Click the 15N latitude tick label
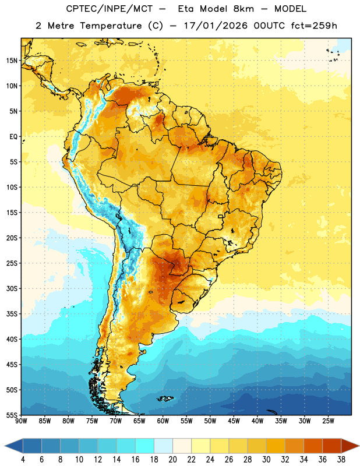[12, 61]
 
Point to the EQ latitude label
[13, 137]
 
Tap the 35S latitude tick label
[12, 314]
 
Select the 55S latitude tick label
[12, 415]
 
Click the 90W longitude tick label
[21, 421]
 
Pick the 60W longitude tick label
[163, 421]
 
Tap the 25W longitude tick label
[328, 421]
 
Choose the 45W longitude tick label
[234, 421]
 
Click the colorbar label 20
[172, 460]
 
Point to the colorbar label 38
[341, 460]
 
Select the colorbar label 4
[23, 460]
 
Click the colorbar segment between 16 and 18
[145, 446]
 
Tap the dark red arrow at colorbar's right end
[349, 446]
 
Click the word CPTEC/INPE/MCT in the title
[110, 9]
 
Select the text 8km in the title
[243, 9]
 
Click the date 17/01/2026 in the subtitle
[216, 26]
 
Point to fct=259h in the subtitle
[314, 26]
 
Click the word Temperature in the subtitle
[111, 26]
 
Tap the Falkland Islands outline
[165, 398]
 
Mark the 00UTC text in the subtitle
[269, 26]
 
